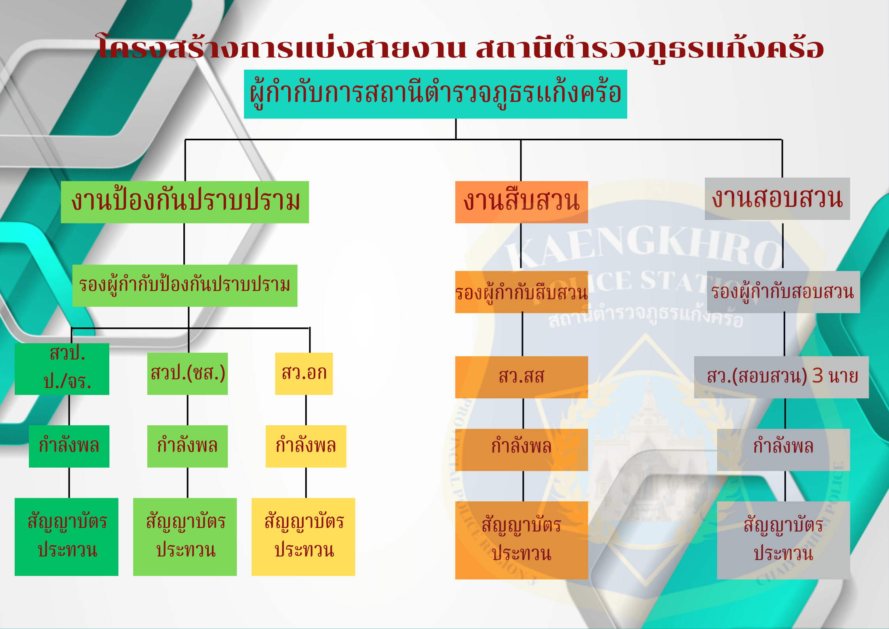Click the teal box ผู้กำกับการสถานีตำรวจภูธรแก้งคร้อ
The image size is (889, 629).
(x=435, y=94)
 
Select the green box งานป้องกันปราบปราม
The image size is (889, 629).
(x=185, y=202)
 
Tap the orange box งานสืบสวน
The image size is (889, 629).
(x=522, y=202)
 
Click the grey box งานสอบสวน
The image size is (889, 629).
(x=777, y=199)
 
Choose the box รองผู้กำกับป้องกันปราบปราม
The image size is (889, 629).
(x=185, y=285)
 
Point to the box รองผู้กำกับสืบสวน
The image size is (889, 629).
(x=522, y=292)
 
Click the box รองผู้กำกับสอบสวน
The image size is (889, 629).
(x=783, y=292)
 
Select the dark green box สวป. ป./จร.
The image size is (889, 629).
(x=62, y=369)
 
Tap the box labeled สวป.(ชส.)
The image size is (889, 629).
(x=187, y=374)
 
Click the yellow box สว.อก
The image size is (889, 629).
(x=304, y=374)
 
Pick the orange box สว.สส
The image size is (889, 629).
(x=522, y=377)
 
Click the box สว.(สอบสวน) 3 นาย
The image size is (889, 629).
(x=781, y=377)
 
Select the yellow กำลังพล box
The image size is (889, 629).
(x=306, y=446)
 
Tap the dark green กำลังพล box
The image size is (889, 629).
(x=69, y=446)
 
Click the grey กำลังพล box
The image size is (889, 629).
(x=783, y=450)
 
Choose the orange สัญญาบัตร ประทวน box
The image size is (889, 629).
(x=522, y=540)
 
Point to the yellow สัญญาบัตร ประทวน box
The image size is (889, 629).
(x=303, y=537)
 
